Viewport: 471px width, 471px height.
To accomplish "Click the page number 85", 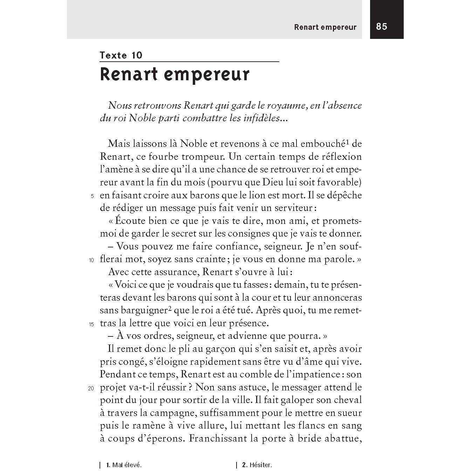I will pos(382,27).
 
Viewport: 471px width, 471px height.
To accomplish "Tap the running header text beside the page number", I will pos(325,27).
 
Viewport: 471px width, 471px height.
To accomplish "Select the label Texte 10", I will pos(121,55).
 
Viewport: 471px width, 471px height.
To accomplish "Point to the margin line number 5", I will pos(93,196).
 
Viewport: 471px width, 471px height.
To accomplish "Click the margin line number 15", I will pos(91,325).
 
